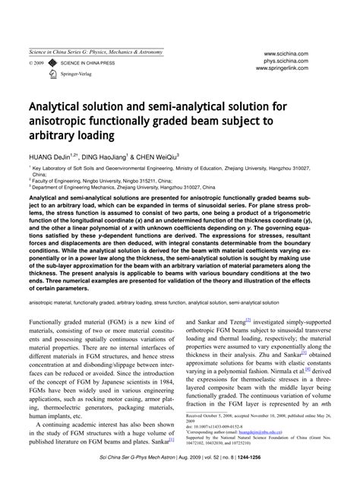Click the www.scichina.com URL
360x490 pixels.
tap(292, 54)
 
